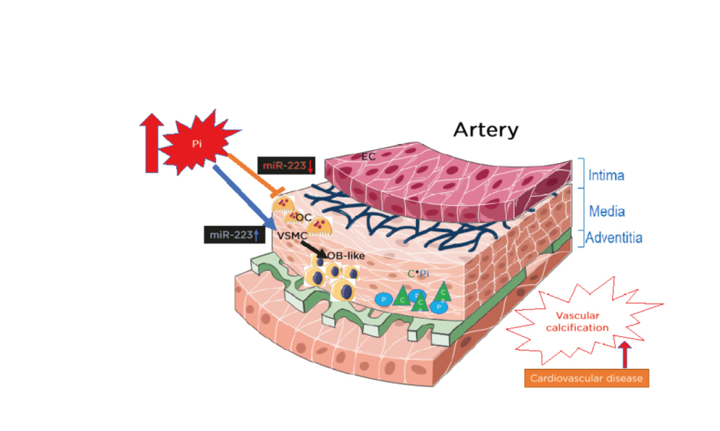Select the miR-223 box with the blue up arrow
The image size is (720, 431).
[232, 235]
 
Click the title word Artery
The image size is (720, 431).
[486, 129]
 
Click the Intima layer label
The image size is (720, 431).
[606, 175]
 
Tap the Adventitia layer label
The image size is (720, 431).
[614, 238]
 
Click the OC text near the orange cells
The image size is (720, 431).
[303, 217]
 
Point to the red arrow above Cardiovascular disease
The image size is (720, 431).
[625, 354]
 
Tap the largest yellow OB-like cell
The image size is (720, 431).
[345, 291]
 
